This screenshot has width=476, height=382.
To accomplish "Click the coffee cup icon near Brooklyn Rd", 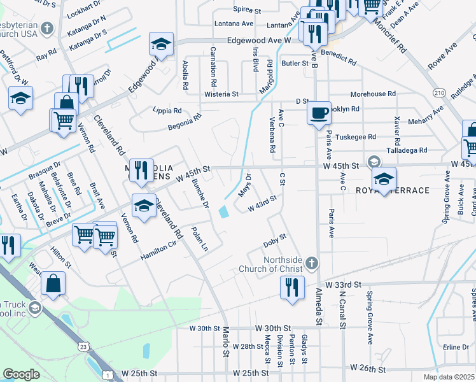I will click(x=319, y=113).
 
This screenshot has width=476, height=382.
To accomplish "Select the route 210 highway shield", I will click(x=438, y=93).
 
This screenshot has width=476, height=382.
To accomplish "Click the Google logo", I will click(x=20, y=375).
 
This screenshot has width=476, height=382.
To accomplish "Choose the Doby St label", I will click(x=276, y=240).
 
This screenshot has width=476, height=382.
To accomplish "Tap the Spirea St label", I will click(x=247, y=11).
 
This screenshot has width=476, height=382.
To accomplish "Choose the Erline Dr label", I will click(x=456, y=347).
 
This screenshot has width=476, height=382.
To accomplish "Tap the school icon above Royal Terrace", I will click(x=384, y=178).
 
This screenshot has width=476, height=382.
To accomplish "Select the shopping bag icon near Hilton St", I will click(x=53, y=284).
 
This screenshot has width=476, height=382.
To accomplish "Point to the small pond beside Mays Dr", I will click(x=223, y=211).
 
